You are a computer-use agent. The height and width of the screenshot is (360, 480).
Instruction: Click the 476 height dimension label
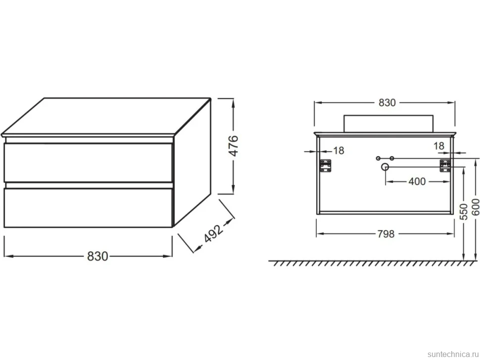pos(234,145)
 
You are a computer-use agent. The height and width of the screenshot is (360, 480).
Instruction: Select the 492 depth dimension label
pos(213,233)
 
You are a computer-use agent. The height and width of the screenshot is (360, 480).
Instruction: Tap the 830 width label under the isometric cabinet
pos(97,256)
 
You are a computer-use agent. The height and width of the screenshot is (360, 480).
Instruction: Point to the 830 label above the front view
pos(387,103)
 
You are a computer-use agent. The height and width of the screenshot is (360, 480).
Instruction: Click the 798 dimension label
pos(386,234)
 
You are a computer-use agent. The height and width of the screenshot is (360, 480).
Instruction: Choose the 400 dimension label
pos(417,181)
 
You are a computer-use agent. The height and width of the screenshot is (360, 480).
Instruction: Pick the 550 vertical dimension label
pos(464,212)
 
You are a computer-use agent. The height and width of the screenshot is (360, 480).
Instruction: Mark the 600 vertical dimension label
pos(475,207)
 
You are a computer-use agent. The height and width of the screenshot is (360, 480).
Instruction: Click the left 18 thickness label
pos(338,150)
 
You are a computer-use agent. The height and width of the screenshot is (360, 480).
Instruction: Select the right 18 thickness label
pos(438,146)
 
